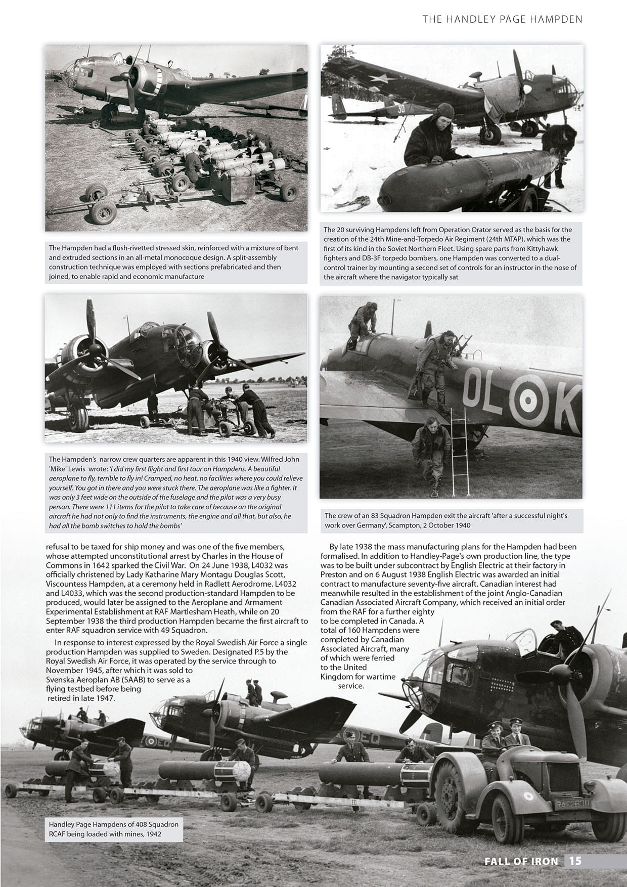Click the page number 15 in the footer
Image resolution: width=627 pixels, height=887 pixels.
pyautogui.click(x=575, y=861)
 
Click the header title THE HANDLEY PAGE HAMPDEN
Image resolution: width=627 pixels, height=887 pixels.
pyautogui.click(x=503, y=19)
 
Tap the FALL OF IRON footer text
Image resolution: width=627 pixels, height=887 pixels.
pyautogui.click(x=521, y=861)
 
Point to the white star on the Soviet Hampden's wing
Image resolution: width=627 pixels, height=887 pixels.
pyautogui.click(x=380, y=78)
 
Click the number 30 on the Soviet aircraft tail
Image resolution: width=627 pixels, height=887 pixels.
pyautogui.click(x=401, y=109)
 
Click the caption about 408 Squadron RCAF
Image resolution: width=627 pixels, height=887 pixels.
pyautogui.click(x=114, y=828)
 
